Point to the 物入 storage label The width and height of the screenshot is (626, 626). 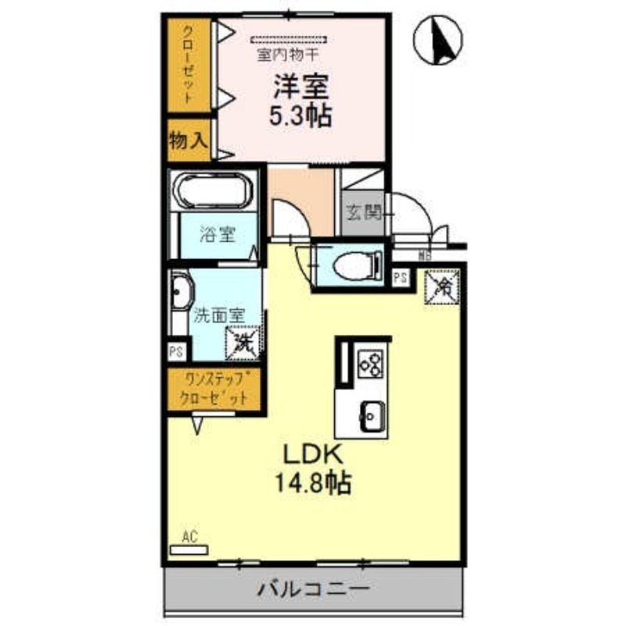pyautogui.click(x=189, y=140)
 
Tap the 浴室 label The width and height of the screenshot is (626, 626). pyautogui.click(x=217, y=234)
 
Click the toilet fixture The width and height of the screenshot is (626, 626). pyautogui.click(x=352, y=265)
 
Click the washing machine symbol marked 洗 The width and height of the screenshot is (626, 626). pyautogui.click(x=243, y=342)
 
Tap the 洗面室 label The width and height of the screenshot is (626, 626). pyautogui.click(x=220, y=317)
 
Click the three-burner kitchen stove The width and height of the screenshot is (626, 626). pyautogui.click(x=371, y=362)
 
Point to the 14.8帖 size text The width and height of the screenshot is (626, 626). pyautogui.click(x=311, y=483)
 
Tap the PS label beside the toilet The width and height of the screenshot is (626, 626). pyautogui.click(x=400, y=276)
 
